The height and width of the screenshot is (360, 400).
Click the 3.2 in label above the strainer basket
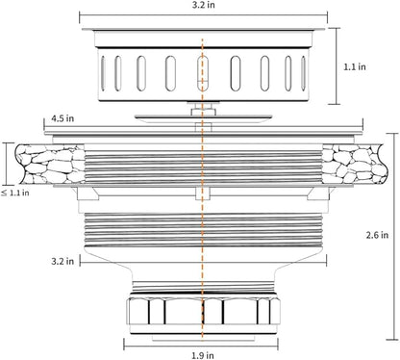click(x=203, y=5)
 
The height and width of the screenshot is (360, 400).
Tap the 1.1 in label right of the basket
click(x=355, y=66)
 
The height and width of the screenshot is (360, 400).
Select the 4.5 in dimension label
click(x=62, y=118)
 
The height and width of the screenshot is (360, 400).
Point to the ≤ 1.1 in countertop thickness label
click(x=15, y=193)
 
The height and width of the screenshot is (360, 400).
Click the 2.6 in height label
click(x=377, y=235)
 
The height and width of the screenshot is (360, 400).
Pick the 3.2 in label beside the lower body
click(x=62, y=261)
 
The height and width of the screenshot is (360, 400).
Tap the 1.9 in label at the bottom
click(x=203, y=355)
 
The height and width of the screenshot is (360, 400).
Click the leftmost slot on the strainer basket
click(x=103, y=73)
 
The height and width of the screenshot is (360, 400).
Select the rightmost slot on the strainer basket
click(x=303, y=73)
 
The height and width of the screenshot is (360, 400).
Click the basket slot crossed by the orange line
click(x=203, y=73)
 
